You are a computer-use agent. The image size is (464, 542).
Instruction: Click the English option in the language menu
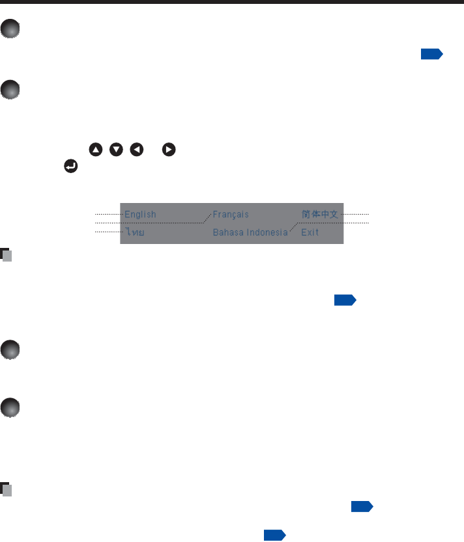click(x=140, y=214)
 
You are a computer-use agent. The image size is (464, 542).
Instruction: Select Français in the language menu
click(x=231, y=214)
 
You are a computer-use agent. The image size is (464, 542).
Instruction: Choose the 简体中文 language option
click(x=319, y=214)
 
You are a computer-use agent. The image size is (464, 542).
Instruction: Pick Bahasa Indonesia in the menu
click(x=250, y=232)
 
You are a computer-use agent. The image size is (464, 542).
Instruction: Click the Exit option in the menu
click(x=310, y=232)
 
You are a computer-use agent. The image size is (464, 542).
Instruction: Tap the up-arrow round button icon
click(x=96, y=150)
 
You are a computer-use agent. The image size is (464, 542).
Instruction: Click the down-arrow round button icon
click(x=117, y=150)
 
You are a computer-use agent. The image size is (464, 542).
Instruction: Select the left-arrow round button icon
click(x=137, y=150)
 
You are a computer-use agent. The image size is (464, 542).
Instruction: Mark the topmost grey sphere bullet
click(x=10, y=30)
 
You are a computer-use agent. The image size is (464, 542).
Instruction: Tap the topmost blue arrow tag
click(x=431, y=54)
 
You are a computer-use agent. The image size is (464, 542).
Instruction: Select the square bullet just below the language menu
click(x=7, y=254)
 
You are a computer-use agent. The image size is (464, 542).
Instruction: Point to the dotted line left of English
click(x=108, y=214)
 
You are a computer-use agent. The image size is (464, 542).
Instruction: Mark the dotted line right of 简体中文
click(x=356, y=214)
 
